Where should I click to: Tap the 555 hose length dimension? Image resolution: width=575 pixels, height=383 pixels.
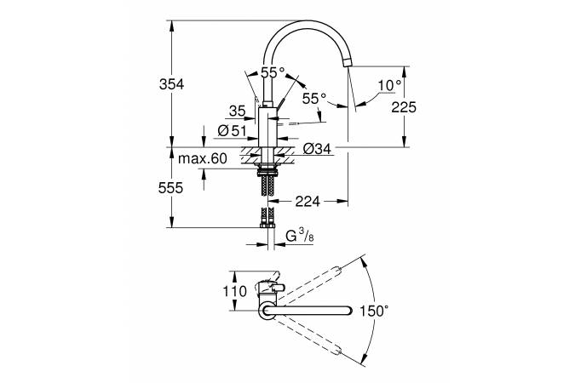point(171,189)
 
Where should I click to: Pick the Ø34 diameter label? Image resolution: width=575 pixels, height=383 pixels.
point(317,150)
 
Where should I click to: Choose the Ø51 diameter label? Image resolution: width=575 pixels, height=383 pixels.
point(232,130)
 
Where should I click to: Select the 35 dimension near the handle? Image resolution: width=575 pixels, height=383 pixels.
point(237,110)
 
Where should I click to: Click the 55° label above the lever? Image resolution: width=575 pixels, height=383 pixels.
point(273,73)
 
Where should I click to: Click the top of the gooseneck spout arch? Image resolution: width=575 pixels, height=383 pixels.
point(307,23)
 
